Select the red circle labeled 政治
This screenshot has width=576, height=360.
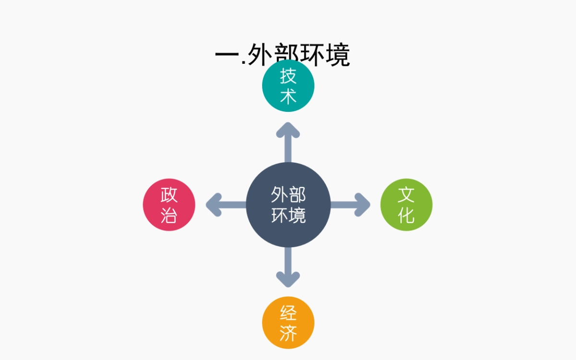(169, 205)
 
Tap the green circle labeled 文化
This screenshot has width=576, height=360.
(406, 205)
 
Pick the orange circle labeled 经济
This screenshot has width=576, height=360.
(288, 323)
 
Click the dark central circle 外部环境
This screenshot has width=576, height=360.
(288, 205)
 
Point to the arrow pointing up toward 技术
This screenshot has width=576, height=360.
(288, 142)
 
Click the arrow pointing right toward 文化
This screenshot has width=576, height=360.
(351, 205)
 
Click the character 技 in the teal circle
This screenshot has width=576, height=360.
(288, 76)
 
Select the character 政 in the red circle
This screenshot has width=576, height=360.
(169, 195)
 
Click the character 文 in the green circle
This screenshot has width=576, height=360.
(406, 195)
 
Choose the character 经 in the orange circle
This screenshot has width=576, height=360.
(288, 313)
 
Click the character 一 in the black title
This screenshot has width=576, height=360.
(227, 55)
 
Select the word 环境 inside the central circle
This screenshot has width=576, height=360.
(288, 215)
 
